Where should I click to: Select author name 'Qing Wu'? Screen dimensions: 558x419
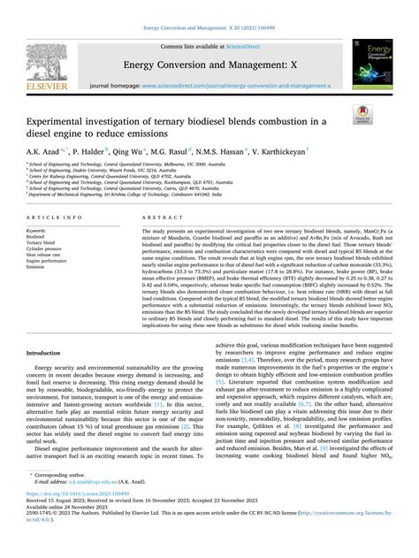click(x=129, y=153)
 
